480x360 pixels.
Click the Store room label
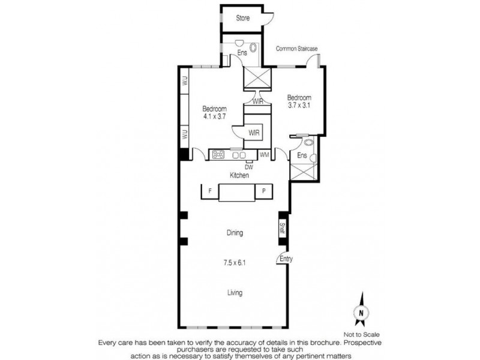(x=242, y=18)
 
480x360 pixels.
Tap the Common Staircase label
(x=296, y=48)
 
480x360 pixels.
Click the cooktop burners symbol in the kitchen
(x=218, y=155)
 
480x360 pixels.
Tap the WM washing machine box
(x=264, y=155)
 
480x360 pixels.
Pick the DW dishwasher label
(x=248, y=166)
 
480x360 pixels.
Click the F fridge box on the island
(x=209, y=191)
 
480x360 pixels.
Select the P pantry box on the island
(x=263, y=191)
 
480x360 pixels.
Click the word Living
(x=235, y=293)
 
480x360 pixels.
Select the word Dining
(x=235, y=233)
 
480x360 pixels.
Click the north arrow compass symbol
(x=360, y=310)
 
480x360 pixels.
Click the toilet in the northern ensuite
(x=253, y=48)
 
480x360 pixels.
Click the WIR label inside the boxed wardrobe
(x=254, y=133)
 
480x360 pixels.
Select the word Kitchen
(x=239, y=175)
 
